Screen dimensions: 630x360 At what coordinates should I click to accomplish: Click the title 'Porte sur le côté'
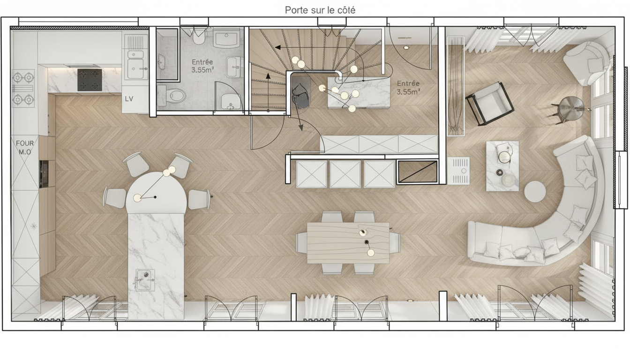(x=320, y=10)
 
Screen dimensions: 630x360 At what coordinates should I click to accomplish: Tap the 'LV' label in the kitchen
(x=129, y=99)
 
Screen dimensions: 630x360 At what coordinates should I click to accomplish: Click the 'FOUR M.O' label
(x=25, y=148)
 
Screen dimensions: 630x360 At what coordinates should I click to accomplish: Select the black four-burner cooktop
(x=90, y=80)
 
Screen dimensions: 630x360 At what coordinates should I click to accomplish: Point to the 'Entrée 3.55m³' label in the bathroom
(x=202, y=66)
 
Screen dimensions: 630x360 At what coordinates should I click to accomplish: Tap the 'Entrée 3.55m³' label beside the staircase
(x=408, y=88)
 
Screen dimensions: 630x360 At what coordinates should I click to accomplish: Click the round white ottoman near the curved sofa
(x=535, y=191)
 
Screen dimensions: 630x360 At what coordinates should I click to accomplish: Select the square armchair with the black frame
(x=490, y=103)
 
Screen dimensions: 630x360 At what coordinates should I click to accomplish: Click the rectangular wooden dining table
(x=348, y=243)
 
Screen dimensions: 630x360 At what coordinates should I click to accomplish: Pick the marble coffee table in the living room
(x=502, y=166)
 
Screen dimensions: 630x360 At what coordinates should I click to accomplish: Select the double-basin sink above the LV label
(x=136, y=65)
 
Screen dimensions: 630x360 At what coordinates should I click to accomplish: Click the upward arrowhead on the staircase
(x=268, y=76)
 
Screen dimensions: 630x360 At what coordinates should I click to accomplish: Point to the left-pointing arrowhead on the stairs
(x=277, y=47)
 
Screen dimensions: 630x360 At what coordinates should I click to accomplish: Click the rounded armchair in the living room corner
(x=587, y=63)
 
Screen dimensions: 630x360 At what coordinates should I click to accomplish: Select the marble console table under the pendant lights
(x=359, y=92)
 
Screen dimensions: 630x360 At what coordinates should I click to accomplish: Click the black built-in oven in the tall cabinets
(x=44, y=174)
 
